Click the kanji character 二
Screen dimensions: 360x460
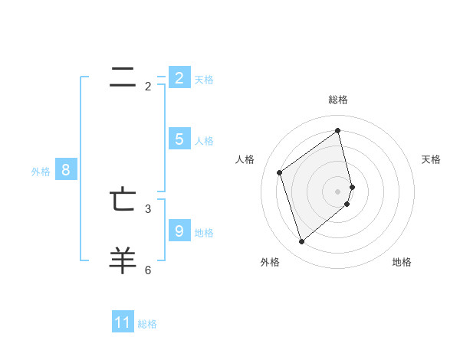click(123, 76)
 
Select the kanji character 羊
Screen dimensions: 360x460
click(123, 260)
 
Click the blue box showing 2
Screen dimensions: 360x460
click(179, 78)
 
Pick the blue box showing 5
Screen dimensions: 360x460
click(179, 139)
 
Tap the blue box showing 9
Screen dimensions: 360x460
click(179, 231)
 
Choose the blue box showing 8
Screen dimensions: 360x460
click(65, 170)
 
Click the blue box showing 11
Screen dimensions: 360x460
click(123, 322)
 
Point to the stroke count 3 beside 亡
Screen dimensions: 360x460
click(148, 208)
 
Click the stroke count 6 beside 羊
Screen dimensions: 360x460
click(148, 270)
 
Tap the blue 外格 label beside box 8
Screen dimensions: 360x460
click(41, 172)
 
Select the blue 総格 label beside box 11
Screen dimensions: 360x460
click(147, 324)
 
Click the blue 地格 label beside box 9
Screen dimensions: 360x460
click(204, 232)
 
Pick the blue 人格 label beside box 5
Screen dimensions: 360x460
click(204, 141)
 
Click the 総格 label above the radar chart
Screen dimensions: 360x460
click(338, 100)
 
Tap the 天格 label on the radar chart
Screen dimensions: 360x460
click(431, 159)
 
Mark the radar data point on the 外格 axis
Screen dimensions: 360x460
click(301, 242)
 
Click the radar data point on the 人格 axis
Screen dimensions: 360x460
click(279, 172)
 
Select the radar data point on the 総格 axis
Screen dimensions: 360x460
click(338, 131)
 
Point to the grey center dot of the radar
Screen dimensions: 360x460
click(338, 191)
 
